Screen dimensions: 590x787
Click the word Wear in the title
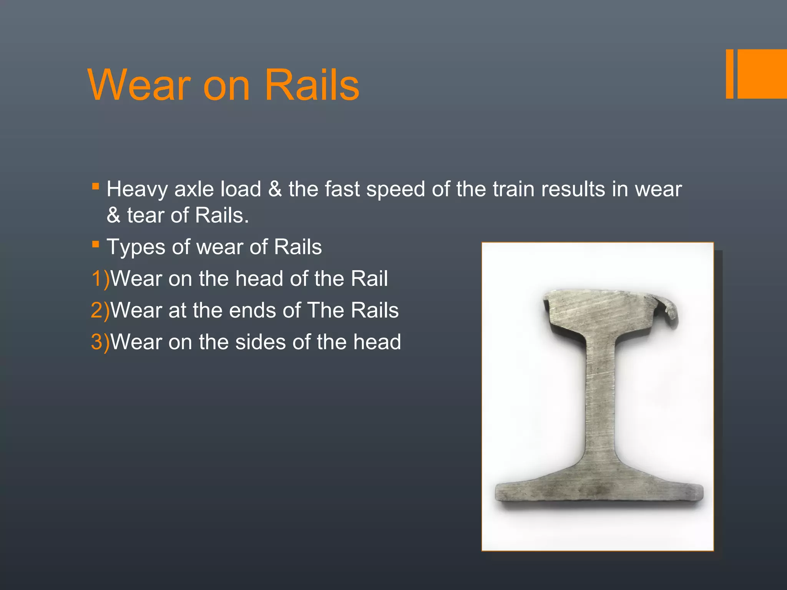(139, 85)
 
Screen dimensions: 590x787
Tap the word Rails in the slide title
(312, 85)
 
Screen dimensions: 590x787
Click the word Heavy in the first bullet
(137, 189)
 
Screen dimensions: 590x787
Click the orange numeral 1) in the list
(100, 278)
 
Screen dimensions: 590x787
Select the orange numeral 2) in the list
(100, 310)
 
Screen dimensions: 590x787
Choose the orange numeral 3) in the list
(100, 342)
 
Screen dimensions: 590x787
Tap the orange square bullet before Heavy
(96, 187)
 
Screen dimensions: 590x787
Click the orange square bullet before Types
(96, 244)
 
